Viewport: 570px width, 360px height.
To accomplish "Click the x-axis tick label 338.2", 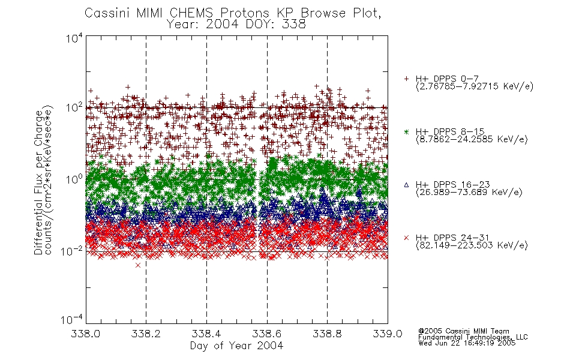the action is point(146,334).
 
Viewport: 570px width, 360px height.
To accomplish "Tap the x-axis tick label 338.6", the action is point(267,334).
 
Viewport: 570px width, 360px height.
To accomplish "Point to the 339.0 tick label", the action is point(388,334).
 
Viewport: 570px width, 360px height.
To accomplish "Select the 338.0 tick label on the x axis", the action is point(85,334).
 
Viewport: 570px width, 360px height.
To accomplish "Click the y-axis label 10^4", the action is point(74,38).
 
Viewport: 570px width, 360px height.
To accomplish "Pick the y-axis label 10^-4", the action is point(72,319).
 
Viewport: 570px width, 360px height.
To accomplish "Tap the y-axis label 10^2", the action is point(74,107).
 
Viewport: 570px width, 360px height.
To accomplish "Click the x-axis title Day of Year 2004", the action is point(236,346).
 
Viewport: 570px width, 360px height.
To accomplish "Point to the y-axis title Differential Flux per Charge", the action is point(38,182).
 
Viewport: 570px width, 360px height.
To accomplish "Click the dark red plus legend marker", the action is point(406,79).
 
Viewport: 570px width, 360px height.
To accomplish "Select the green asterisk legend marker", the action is point(406,131).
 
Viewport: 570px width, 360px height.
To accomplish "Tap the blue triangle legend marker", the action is point(406,185).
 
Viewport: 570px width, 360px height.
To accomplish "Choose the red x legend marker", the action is point(406,238).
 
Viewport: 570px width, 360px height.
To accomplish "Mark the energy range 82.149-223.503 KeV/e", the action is point(472,245).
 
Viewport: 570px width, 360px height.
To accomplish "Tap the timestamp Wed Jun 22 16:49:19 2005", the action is point(467,343).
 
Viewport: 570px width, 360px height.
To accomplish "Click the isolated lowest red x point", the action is point(138,265).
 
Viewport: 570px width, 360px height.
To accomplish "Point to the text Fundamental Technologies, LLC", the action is point(473,337).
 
